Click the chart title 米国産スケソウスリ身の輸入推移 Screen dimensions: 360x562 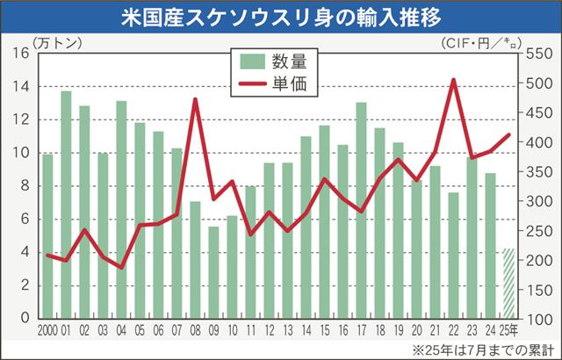point(281,17)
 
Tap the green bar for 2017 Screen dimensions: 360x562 point(361,210)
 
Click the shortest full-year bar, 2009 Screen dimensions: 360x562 point(213,272)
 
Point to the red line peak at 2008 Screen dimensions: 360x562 point(195,99)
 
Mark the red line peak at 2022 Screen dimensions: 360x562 point(452,80)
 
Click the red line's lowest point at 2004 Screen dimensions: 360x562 point(121,267)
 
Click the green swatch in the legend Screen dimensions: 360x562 point(252,61)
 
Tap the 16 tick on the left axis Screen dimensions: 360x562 point(22,53)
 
